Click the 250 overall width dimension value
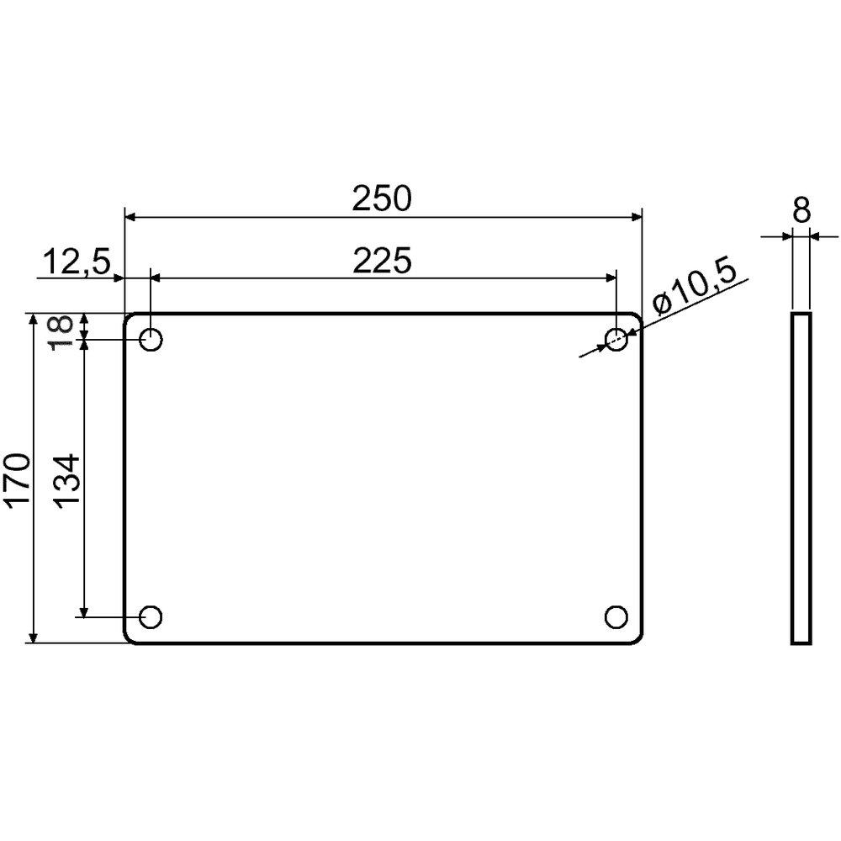[x=382, y=199]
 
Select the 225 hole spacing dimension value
[x=382, y=262]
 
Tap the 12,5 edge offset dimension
[x=76, y=263]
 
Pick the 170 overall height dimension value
[x=18, y=479]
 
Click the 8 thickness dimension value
[x=801, y=209]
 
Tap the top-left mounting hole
[x=151, y=341]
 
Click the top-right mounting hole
[x=616, y=340]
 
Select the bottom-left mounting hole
[x=151, y=616]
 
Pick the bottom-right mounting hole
[x=616, y=616]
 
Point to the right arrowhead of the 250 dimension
[x=635, y=218]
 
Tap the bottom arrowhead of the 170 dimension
[x=33, y=637]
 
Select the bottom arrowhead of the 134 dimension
[x=84, y=610]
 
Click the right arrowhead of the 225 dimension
[x=610, y=278]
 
